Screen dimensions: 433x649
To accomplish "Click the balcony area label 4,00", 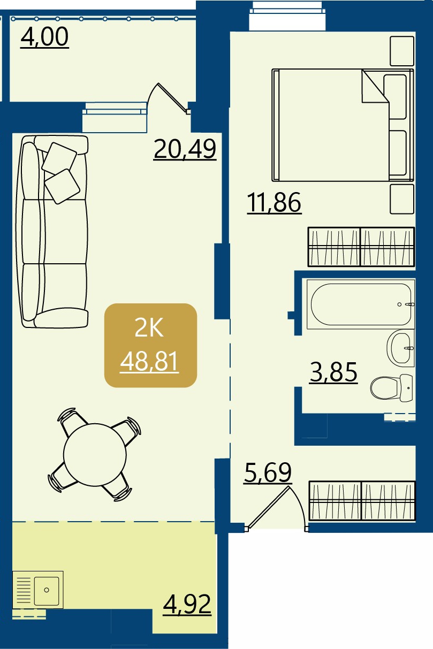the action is coord(44,37).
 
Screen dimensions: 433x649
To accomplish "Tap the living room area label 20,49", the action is coord(185,149).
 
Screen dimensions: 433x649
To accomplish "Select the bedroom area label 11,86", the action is coord(274,203).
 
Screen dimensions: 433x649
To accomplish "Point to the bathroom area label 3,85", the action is coord(333,372).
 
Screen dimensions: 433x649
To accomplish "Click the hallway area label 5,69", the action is coord(268,472).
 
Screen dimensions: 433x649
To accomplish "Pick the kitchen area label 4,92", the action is coord(187,605).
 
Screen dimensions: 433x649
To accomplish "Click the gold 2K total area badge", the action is coord(150,345).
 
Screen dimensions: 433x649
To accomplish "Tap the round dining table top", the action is coord(95,455).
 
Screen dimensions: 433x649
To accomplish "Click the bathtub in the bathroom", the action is coord(361,304).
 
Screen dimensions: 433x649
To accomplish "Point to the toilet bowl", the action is coord(391,388).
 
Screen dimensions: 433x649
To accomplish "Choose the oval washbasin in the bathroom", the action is coord(401,348).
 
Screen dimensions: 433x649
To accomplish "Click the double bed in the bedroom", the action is coord(343,125).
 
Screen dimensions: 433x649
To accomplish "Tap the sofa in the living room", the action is coord(52,232).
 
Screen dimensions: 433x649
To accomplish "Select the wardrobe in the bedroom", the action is coord(361,247).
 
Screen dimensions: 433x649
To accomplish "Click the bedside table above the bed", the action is coord(402,51).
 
